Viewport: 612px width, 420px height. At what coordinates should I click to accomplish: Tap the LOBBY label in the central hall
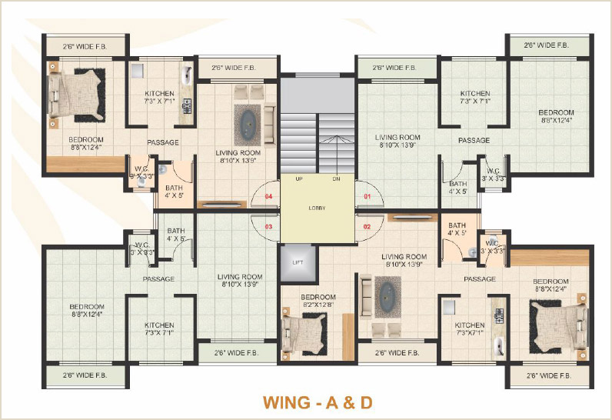click(x=317, y=208)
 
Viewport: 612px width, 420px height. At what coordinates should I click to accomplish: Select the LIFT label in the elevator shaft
click(x=298, y=262)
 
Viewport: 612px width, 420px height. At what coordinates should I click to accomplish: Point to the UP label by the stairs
click(x=288, y=178)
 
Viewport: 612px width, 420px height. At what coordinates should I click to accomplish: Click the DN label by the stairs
click(x=336, y=178)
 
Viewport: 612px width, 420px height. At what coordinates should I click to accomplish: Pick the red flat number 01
click(x=367, y=197)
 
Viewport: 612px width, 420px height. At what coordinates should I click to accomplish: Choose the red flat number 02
click(x=367, y=227)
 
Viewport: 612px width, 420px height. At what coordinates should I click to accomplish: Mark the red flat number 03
click(x=269, y=227)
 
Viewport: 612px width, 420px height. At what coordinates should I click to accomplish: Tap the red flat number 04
click(x=269, y=197)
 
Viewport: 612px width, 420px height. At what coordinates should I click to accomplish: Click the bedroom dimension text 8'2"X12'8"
click(x=318, y=305)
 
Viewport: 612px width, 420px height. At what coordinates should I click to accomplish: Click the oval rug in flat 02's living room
click(x=387, y=297)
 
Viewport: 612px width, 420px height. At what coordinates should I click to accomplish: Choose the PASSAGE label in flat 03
click(x=158, y=279)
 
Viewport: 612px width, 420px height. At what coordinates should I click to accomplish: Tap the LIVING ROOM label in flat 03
click(x=240, y=281)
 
